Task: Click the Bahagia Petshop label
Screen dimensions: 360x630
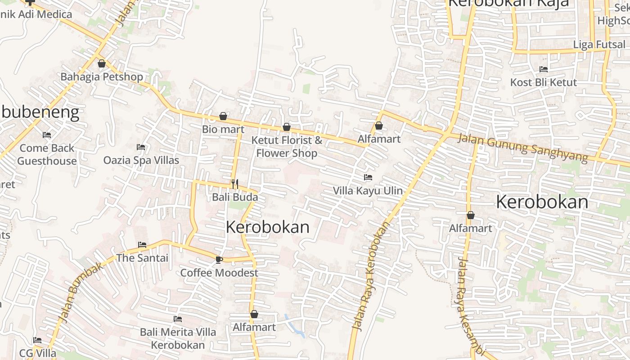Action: point(102,76)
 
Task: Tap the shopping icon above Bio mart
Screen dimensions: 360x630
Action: point(223,117)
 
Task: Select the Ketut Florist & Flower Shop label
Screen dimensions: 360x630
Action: point(287,146)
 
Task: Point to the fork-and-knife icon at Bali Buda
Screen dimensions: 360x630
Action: point(234,184)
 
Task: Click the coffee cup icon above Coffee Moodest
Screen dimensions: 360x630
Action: point(219,260)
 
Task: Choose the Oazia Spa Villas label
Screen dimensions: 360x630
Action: point(141,160)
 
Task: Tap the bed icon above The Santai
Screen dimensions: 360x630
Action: point(142,245)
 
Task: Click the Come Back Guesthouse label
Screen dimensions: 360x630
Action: point(47,154)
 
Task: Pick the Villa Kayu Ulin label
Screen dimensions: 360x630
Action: point(368,191)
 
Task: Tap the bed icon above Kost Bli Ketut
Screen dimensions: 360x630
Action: point(544,69)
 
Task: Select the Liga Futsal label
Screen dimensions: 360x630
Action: point(599,45)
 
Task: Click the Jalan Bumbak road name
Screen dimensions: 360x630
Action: point(81,292)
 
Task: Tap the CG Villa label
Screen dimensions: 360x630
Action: point(38,353)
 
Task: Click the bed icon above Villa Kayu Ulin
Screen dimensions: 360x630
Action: point(368,177)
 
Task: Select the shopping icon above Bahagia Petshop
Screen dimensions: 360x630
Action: point(102,63)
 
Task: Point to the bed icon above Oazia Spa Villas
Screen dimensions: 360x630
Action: point(141,147)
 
